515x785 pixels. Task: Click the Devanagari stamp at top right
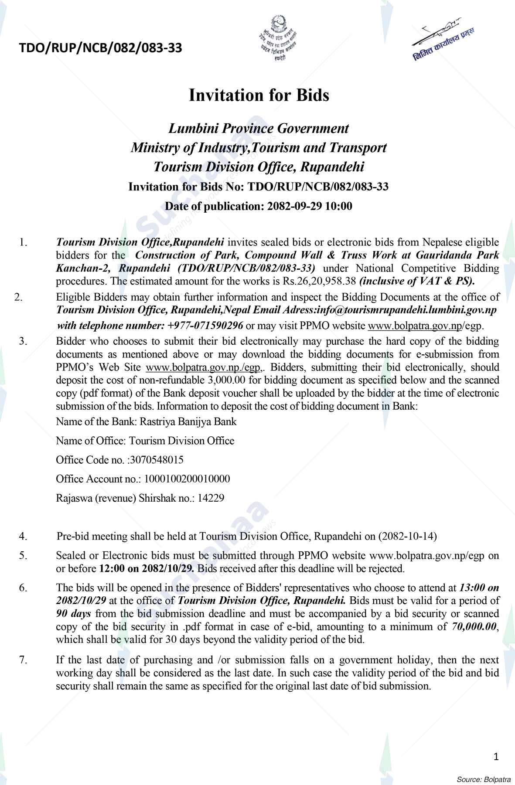pyautogui.click(x=443, y=41)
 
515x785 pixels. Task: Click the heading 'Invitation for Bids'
pyautogui.click(x=259, y=95)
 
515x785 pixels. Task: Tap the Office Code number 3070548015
pyautogui.click(x=157, y=460)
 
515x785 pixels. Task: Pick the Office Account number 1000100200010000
pyautogui.click(x=187, y=479)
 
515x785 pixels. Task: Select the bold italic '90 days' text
pyautogui.click(x=74, y=614)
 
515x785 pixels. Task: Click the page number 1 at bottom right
pyautogui.click(x=496, y=757)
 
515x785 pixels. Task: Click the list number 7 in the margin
pyautogui.click(x=23, y=660)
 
